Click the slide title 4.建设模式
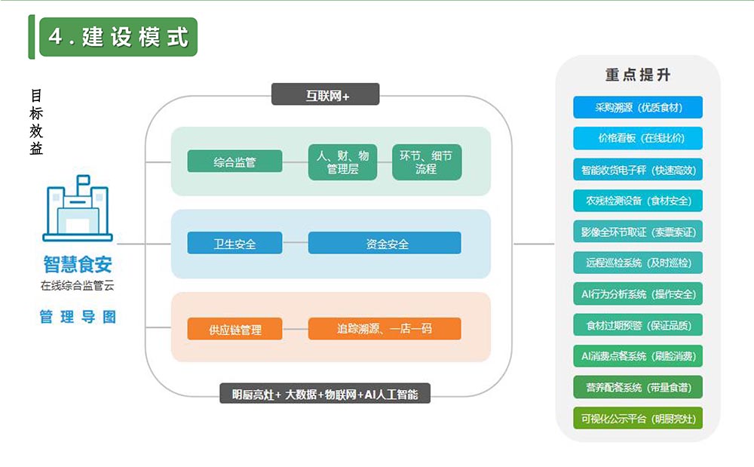tap(118, 37)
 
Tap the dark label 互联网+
tap(326, 96)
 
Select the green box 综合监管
tap(234, 161)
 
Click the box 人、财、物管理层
tap(343, 162)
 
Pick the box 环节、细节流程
tap(426, 162)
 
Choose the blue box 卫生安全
tap(234, 244)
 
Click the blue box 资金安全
tap(385, 244)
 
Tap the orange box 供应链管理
tap(234, 330)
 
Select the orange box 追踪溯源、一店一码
tap(385, 330)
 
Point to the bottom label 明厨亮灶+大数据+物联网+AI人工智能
tap(325, 394)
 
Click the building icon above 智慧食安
tap(78, 212)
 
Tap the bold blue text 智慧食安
tap(78, 265)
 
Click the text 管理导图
tap(78, 317)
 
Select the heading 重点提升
tap(637, 75)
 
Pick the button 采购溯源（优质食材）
tap(638, 107)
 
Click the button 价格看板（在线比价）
tap(638, 139)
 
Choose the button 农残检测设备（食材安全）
tap(638, 201)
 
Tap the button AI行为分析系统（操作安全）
tap(638, 294)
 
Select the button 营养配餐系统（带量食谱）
tap(638, 388)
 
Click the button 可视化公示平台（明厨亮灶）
tap(638, 419)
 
